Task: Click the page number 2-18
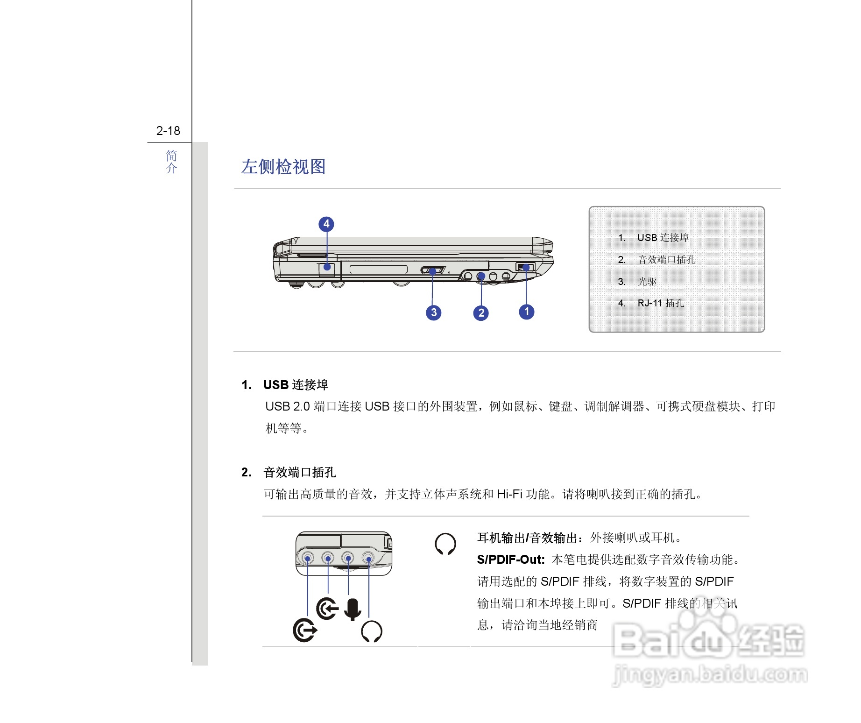(x=168, y=131)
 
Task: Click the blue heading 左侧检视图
(x=283, y=167)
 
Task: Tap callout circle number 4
(x=326, y=224)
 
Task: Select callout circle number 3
(x=434, y=312)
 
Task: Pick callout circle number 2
(x=481, y=313)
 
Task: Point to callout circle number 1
(x=527, y=312)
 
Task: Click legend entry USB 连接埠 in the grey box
(x=662, y=238)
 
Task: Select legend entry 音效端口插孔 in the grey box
(x=666, y=260)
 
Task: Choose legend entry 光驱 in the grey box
(x=647, y=282)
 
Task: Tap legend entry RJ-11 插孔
(x=660, y=303)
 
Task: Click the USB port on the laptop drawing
(x=525, y=267)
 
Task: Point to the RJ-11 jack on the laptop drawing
(x=327, y=267)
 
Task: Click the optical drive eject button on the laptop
(x=433, y=270)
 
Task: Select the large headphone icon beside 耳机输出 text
(x=445, y=544)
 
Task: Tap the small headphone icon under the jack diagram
(x=372, y=631)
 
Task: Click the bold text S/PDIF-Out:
(x=511, y=560)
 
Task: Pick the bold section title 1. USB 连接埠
(x=285, y=385)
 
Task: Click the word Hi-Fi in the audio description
(x=509, y=494)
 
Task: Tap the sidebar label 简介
(x=171, y=162)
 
